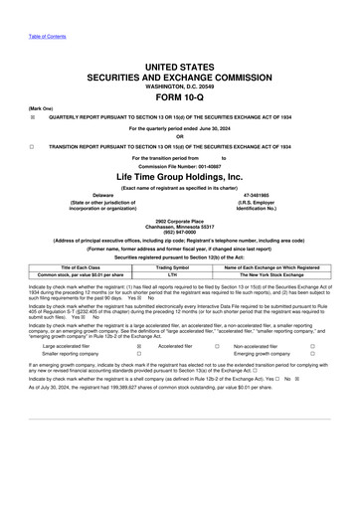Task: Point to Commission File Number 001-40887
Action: pyautogui.click(x=180, y=165)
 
